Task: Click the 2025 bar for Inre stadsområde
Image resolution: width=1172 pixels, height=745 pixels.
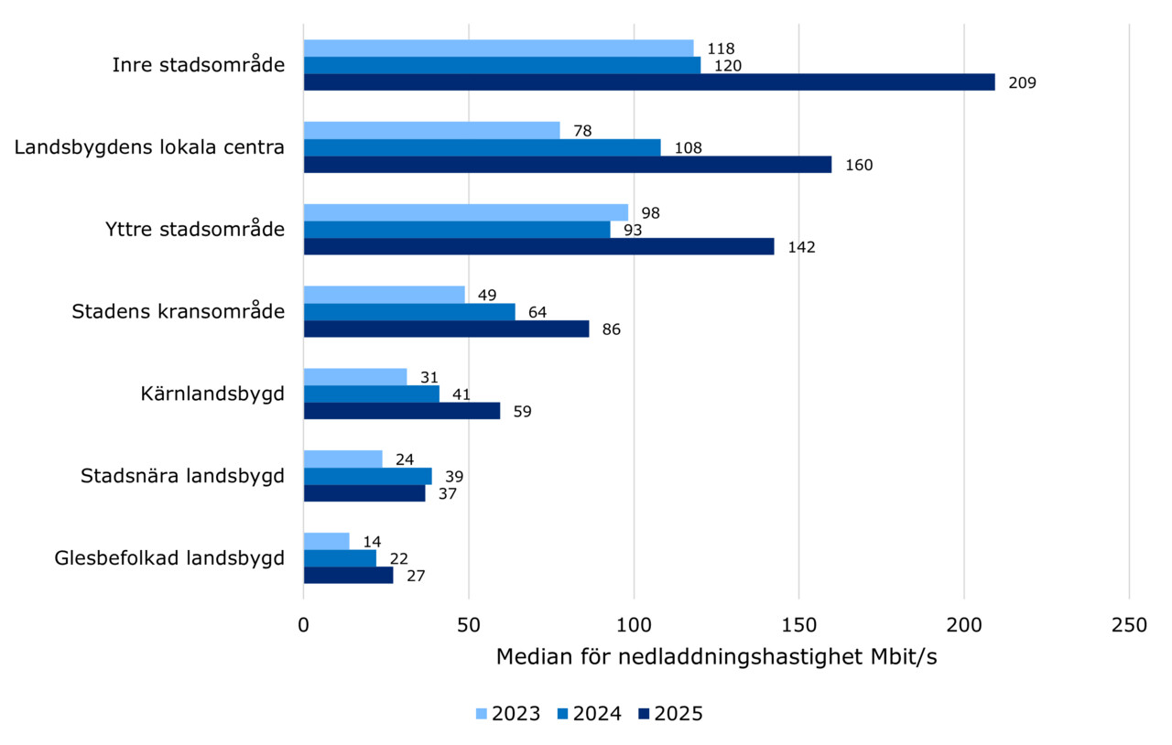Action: point(648,82)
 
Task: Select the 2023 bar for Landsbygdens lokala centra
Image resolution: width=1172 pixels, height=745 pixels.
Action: point(431,130)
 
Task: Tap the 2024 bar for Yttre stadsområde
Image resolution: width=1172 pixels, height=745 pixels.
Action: point(456,230)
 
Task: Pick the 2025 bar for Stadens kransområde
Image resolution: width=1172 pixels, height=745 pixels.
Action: point(446,329)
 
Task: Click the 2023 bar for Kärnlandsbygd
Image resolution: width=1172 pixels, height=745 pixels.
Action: point(354,377)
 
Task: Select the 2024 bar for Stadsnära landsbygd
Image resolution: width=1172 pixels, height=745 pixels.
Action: point(367,476)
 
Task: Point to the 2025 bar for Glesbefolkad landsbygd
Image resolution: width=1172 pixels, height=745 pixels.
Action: point(348,575)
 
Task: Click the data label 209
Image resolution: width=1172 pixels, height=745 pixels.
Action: point(1022,83)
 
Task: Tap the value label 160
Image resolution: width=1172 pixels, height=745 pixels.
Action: point(859,166)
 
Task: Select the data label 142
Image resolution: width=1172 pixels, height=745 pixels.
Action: point(801,247)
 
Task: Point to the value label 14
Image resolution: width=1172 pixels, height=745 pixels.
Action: point(372,542)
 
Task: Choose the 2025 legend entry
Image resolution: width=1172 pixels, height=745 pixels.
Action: point(671,714)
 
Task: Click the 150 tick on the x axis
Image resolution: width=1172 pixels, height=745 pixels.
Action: point(798,625)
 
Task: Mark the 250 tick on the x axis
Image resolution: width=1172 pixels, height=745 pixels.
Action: point(1128,625)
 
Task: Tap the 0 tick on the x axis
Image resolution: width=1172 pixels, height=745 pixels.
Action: point(304,625)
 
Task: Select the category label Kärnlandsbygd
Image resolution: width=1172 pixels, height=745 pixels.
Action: point(212,394)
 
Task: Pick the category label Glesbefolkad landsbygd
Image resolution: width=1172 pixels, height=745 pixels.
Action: point(169,558)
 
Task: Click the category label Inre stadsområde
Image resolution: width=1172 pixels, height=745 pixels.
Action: point(198,65)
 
